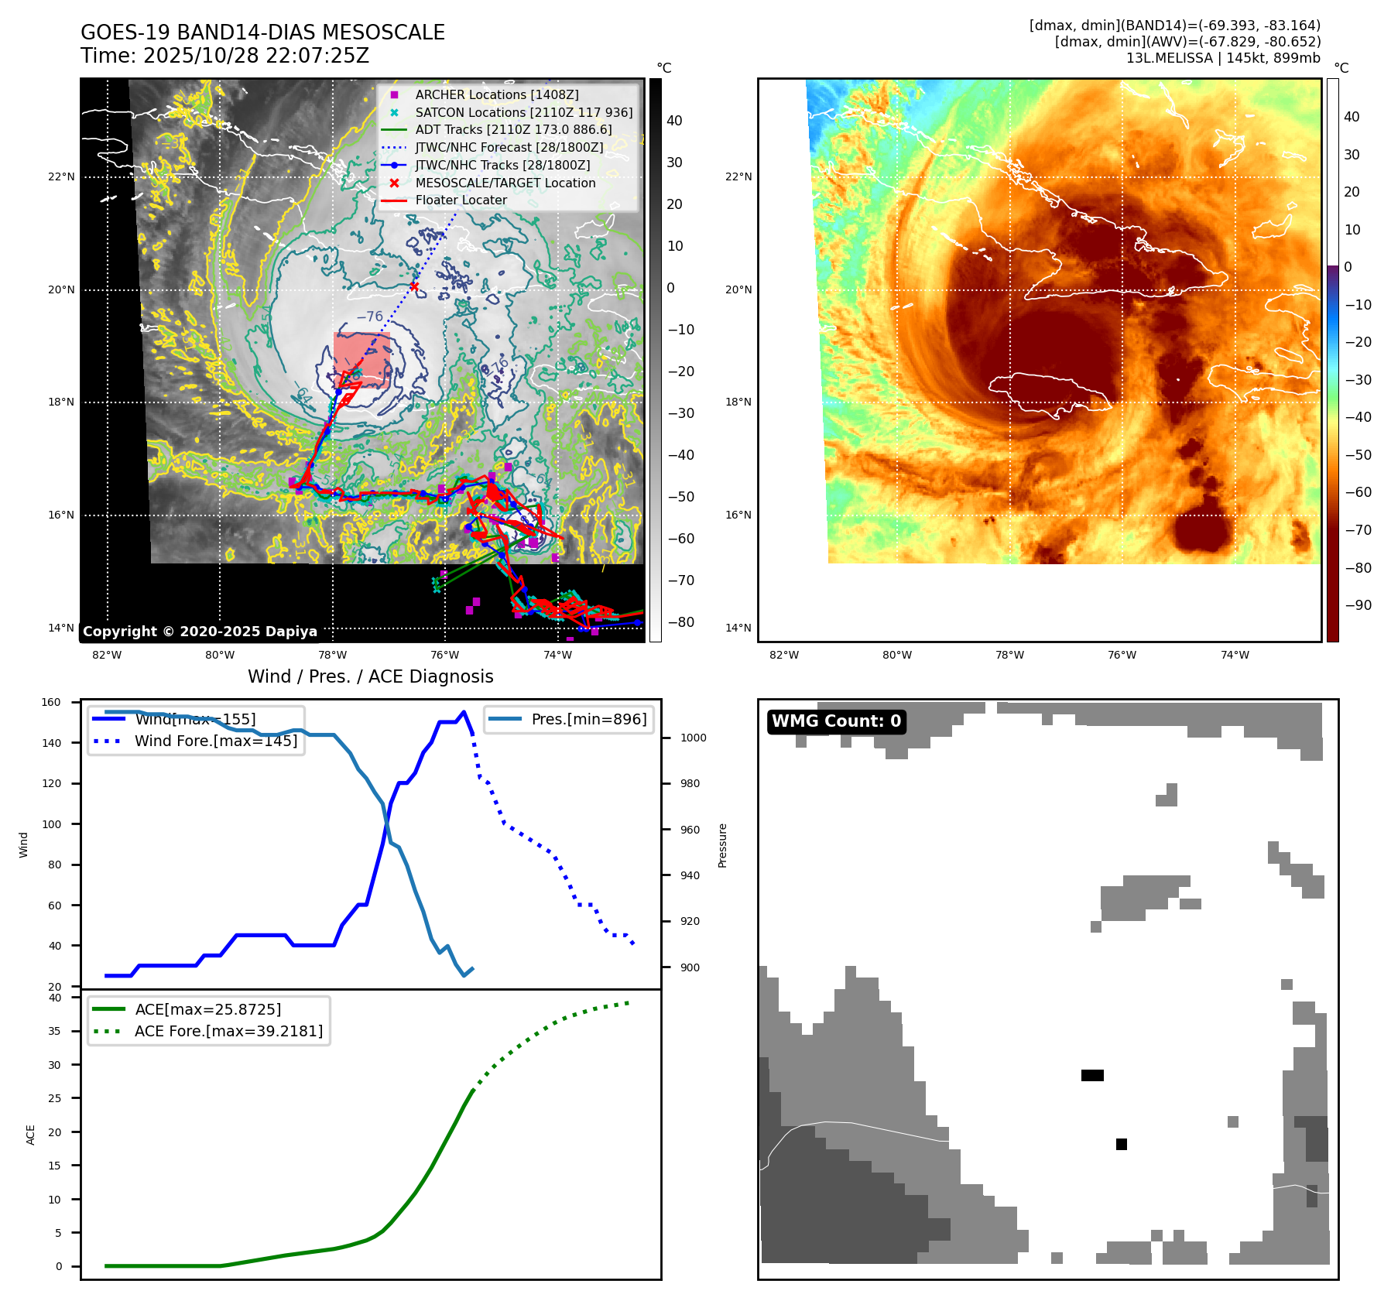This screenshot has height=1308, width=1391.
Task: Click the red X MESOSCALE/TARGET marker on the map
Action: point(414,287)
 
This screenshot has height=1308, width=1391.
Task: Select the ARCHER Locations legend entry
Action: point(496,94)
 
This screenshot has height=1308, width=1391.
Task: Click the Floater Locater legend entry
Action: point(461,200)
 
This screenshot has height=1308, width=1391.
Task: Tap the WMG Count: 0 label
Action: point(836,721)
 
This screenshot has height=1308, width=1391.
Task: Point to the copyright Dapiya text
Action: point(200,632)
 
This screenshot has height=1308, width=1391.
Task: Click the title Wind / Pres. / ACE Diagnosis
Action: point(370,676)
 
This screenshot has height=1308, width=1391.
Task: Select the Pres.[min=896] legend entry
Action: point(588,719)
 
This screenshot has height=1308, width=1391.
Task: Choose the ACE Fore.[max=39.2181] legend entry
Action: point(228,1031)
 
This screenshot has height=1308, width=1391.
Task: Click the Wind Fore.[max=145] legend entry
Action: point(215,741)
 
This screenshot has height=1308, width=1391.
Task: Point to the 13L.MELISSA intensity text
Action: point(1223,58)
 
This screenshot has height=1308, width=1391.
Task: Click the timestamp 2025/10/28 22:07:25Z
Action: point(255,56)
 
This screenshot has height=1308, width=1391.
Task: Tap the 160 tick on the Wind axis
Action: point(51,702)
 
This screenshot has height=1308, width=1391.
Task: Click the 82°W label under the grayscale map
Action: point(107,655)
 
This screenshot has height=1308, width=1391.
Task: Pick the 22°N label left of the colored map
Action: point(738,176)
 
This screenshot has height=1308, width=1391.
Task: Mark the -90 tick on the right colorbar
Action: point(1358,605)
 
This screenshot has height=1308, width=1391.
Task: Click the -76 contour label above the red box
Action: point(369,317)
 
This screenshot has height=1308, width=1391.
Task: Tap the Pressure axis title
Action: point(722,845)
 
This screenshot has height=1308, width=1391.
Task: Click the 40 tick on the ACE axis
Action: point(54,998)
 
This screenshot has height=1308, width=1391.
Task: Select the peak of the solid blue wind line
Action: point(464,712)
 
